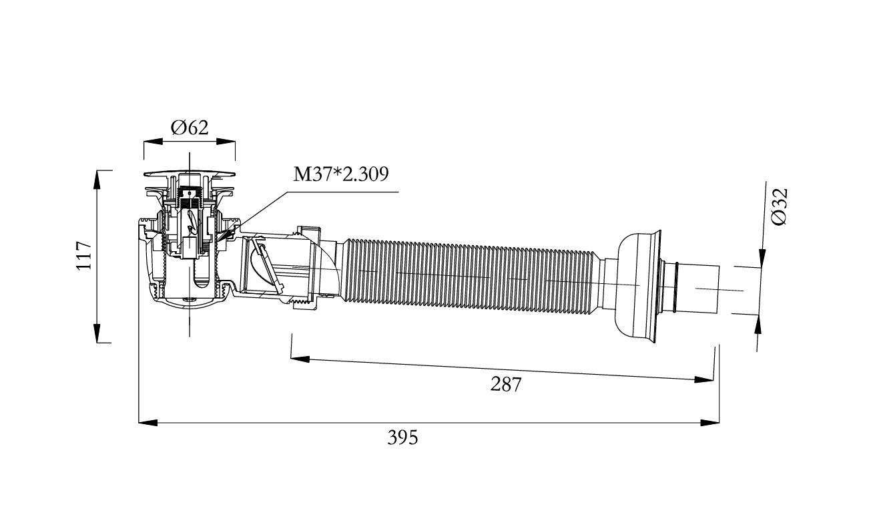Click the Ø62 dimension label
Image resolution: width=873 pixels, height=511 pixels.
point(190,128)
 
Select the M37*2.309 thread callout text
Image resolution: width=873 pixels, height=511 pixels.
point(340,174)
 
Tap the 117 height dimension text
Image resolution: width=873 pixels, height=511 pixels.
point(84,255)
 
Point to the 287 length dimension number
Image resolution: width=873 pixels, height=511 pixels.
point(505,384)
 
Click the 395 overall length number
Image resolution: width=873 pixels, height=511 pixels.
point(402,438)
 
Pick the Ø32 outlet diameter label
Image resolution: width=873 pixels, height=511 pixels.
point(780,207)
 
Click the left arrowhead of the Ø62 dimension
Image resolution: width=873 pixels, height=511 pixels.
point(153,142)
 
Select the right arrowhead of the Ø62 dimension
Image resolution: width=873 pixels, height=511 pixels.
point(226,142)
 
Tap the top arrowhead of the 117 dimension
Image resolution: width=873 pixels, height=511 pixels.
point(97,180)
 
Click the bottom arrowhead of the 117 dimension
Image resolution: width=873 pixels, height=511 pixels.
point(97,333)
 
